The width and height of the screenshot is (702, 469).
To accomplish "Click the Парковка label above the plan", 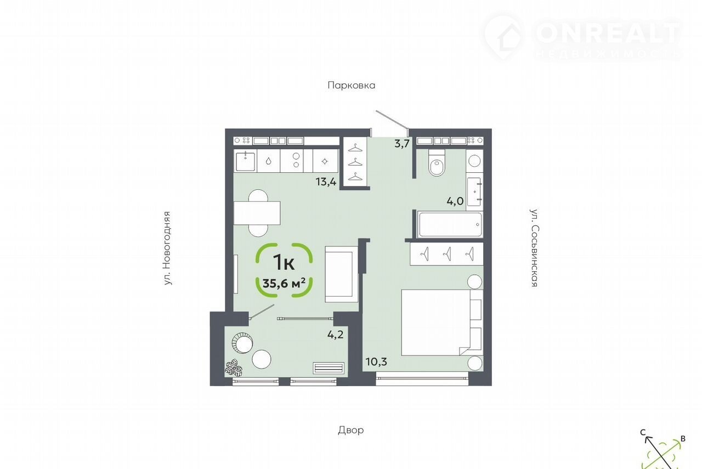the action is coord(352,85).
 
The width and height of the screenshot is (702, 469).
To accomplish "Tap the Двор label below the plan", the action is coord(350,430).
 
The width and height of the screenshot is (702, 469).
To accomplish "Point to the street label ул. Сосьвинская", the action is coord(534,248).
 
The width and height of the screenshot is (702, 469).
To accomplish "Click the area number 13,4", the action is coord(326,182).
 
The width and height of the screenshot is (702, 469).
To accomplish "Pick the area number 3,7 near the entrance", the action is coord(402,144).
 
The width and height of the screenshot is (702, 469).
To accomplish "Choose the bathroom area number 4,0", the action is coord(455,201).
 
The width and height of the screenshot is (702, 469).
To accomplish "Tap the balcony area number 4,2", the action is coord(335,335).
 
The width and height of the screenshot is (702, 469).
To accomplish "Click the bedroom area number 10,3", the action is coord(376,362).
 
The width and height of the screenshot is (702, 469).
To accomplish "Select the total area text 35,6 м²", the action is coord(284,284).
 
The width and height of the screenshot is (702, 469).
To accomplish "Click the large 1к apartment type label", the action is coord(284,262).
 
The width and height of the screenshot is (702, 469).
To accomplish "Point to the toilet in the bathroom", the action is coord(437,162).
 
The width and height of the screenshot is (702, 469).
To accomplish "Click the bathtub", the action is coord(450,224).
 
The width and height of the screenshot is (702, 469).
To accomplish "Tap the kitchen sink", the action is coord(245,161).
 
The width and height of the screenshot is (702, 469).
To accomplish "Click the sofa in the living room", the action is coord(341,274).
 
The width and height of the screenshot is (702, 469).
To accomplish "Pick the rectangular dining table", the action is coord(257,213).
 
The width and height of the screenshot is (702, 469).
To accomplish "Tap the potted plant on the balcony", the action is coord(234,368).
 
